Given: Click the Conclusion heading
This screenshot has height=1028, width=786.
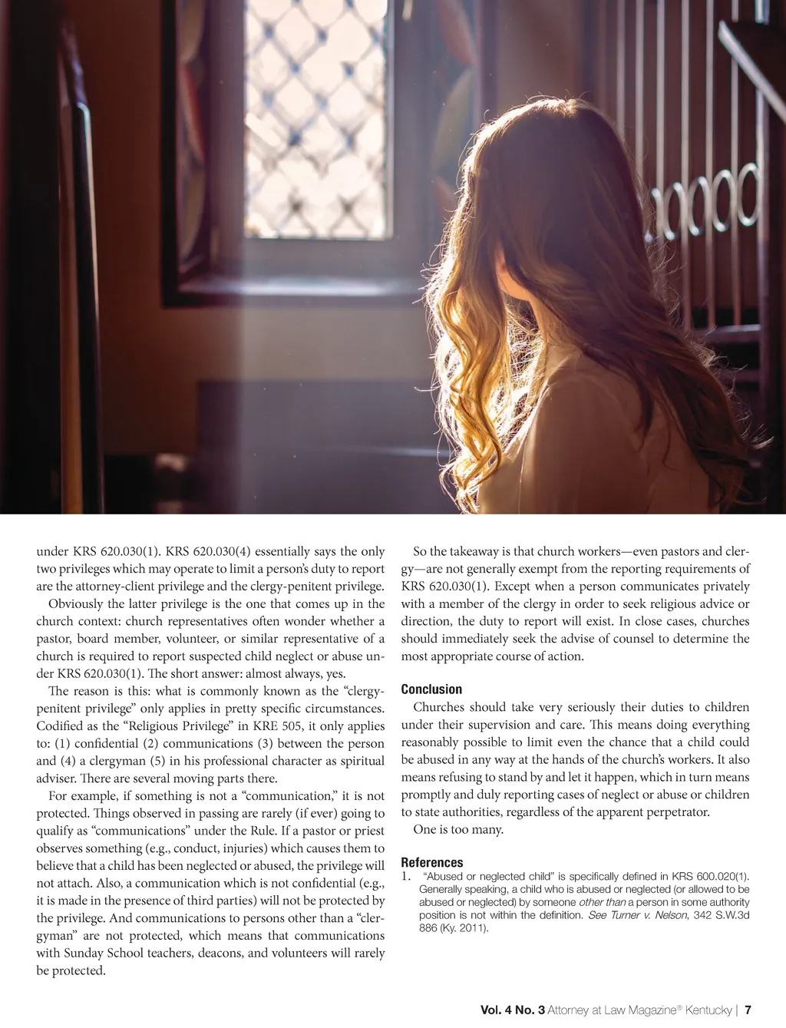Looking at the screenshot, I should tap(431, 689).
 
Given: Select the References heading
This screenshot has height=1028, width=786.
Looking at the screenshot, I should tap(432, 862).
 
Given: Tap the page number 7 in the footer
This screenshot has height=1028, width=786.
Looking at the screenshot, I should tap(748, 1010).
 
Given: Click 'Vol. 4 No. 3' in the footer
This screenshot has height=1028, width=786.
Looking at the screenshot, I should tap(512, 1010).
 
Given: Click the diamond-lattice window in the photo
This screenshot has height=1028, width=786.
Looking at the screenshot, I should tap(317, 115).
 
